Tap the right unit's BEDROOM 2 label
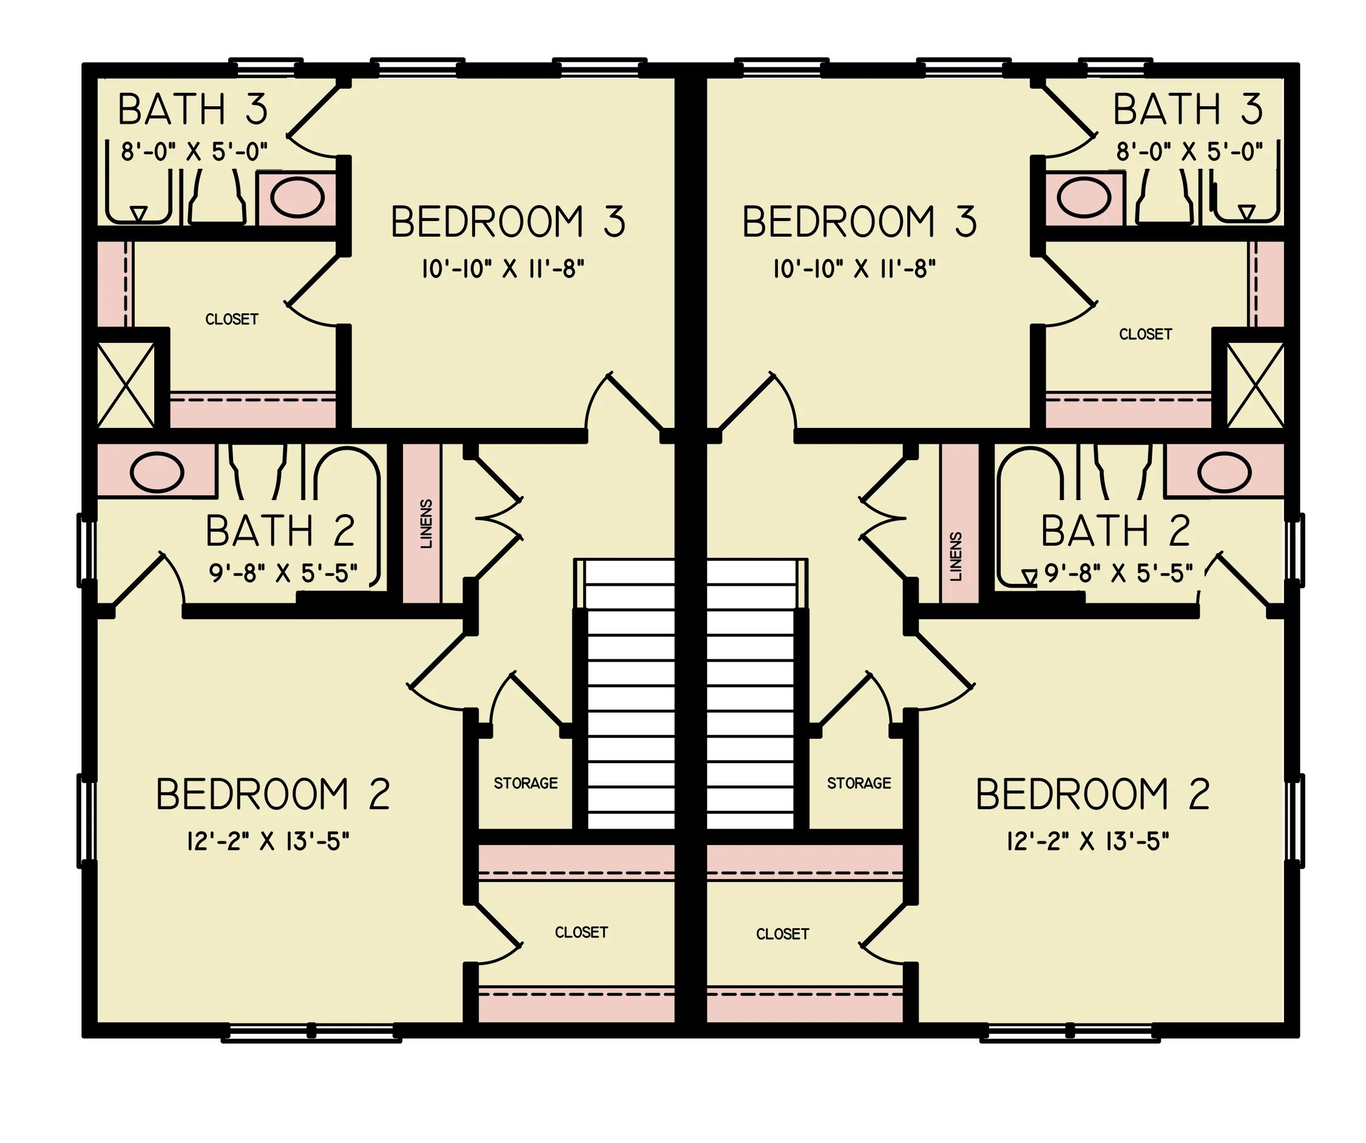click(x=1093, y=795)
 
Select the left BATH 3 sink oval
click(x=297, y=197)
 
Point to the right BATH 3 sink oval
click(x=1084, y=197)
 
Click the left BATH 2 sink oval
click(x=157, y=472)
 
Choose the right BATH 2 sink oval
click(x=1224, y=472)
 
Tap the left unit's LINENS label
click(x=427, y=524)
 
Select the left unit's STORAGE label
click(x=526, y=783)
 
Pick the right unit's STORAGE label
click(x=859, y=783)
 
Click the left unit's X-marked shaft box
click(x=126, y=385)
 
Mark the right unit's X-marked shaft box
click(x=1255, y=385)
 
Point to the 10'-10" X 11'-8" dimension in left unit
click(x=503, y=269)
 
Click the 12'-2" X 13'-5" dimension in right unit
click(x=1087, y=842)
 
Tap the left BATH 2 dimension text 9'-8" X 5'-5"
click(x=283, y=573)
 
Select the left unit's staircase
click(x=630, y=696)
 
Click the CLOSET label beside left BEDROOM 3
click(x=232, y=319)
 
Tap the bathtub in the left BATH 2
click(x=347, y=514)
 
